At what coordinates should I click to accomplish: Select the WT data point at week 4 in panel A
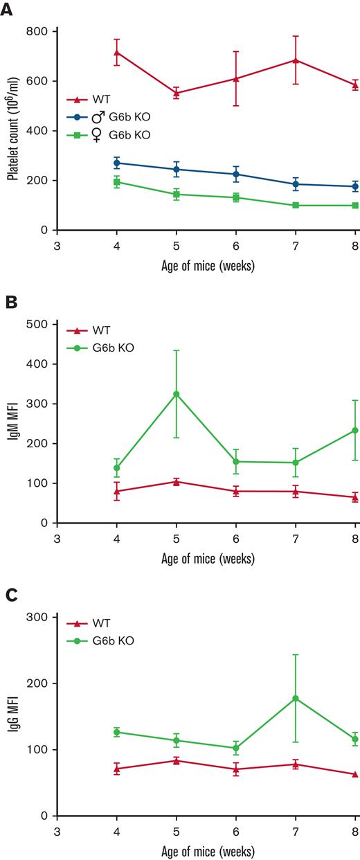(117, 52)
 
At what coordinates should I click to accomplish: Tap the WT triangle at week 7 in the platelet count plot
(296, 60)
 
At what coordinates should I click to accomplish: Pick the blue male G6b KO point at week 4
(117, 163)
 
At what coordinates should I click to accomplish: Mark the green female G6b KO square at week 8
(355, 206)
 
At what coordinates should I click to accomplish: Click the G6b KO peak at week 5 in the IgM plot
(177, 394)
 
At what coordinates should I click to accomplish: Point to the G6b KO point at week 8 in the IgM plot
(355, 430)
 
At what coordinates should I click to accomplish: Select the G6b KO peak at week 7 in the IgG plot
(296, 699)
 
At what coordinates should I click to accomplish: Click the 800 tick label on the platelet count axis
(37, 31)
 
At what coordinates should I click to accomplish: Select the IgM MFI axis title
(12, 423)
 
